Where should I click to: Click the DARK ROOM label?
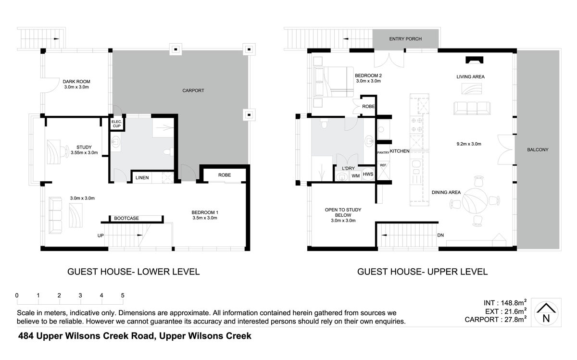(76, 82)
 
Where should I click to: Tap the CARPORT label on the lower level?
(193, 91)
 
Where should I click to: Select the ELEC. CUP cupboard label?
(117, 124)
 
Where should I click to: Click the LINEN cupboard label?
(142, 178)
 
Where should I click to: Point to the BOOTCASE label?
(126, 218)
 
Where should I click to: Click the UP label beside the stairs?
(100, 236)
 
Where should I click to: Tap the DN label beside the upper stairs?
(440, 235)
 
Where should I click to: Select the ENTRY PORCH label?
(405, 39)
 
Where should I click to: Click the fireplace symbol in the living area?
(475, 60)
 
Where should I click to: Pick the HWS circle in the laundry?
(368, 174)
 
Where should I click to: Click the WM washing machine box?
(356, 176)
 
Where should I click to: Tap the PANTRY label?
(383, 153)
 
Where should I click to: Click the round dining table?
(475, 200)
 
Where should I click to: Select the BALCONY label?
(538, 149)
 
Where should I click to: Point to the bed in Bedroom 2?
(333, 82)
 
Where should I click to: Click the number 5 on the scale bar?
(123, 296)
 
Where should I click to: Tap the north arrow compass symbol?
(546, 313)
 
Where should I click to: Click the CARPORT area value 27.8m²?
(514, 319)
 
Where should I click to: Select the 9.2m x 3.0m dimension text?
(469, 144)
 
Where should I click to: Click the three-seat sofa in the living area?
(472, 108)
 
